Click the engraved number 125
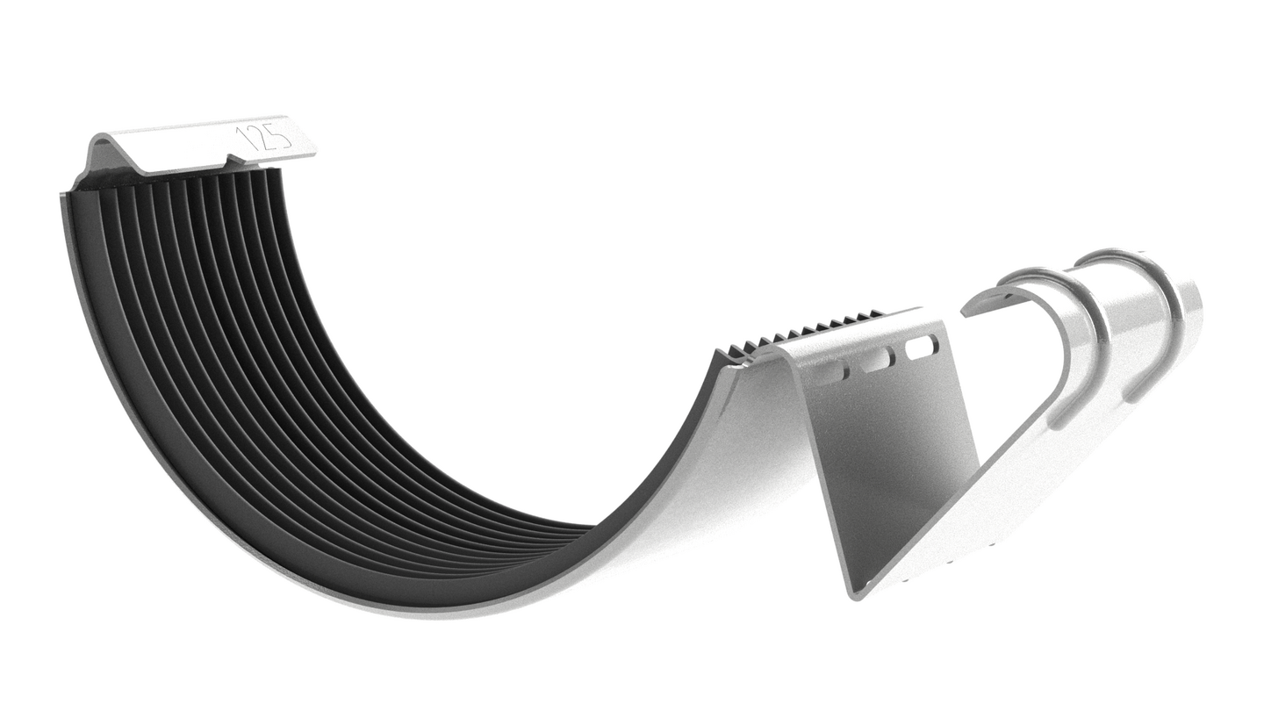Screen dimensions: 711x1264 [x=263, y=140]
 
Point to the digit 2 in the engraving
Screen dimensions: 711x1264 [x=262, y=140]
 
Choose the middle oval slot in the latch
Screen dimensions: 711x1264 [x=877, y=359]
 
